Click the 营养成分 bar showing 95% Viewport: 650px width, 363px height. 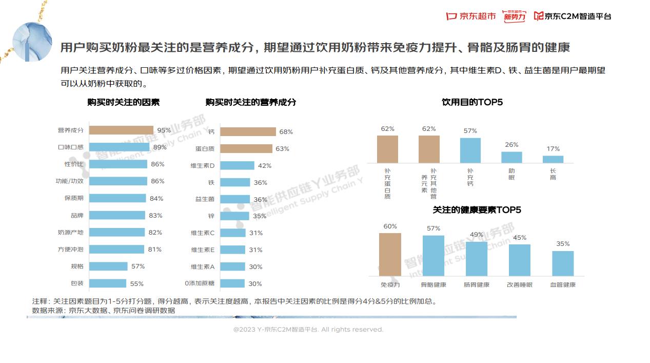pyautogui.click(x=121, y=130)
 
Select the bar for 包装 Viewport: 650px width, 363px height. pyautogui.click(x=108, y=283)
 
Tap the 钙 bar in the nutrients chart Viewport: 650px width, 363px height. pyautogui.click(x=248, y=132)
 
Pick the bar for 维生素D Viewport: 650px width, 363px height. pyautogui.click(x=238, y=165)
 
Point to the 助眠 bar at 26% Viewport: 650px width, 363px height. pyautogui.click(x=511, y=157)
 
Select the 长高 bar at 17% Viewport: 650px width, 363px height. pyautogui.click(x=553, y=159)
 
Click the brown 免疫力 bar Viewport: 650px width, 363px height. pyautogui.click(x=390, y=255)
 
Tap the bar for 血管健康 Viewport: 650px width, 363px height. pyautogui.click(x=563, y=263)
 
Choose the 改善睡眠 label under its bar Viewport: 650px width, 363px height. pyautogui.click(x=520, y=284)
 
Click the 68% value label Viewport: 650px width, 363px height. pyautogui.click(x=286, y=132)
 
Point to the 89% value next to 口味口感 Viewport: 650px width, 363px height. pyautogui.click(x=160, y=147)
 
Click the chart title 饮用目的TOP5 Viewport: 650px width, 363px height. pyautogui.click(x=472, y=102)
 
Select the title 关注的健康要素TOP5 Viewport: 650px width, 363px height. pyautogui.click(x=477, y=210)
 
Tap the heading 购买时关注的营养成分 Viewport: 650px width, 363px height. pyautogui.click(x=251, y=102)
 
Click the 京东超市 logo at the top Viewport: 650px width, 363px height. pyautogui.click(x=471, y=16)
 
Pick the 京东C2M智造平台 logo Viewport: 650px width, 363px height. pyautogui.click(x=573, y=16)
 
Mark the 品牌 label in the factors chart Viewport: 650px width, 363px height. pyautogui.click(x=77, y=216)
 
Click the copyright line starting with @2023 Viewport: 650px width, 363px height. pyautogui.click(x=308, y=330)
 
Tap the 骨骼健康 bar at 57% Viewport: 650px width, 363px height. pyautogui.click(x=434, y=256)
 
